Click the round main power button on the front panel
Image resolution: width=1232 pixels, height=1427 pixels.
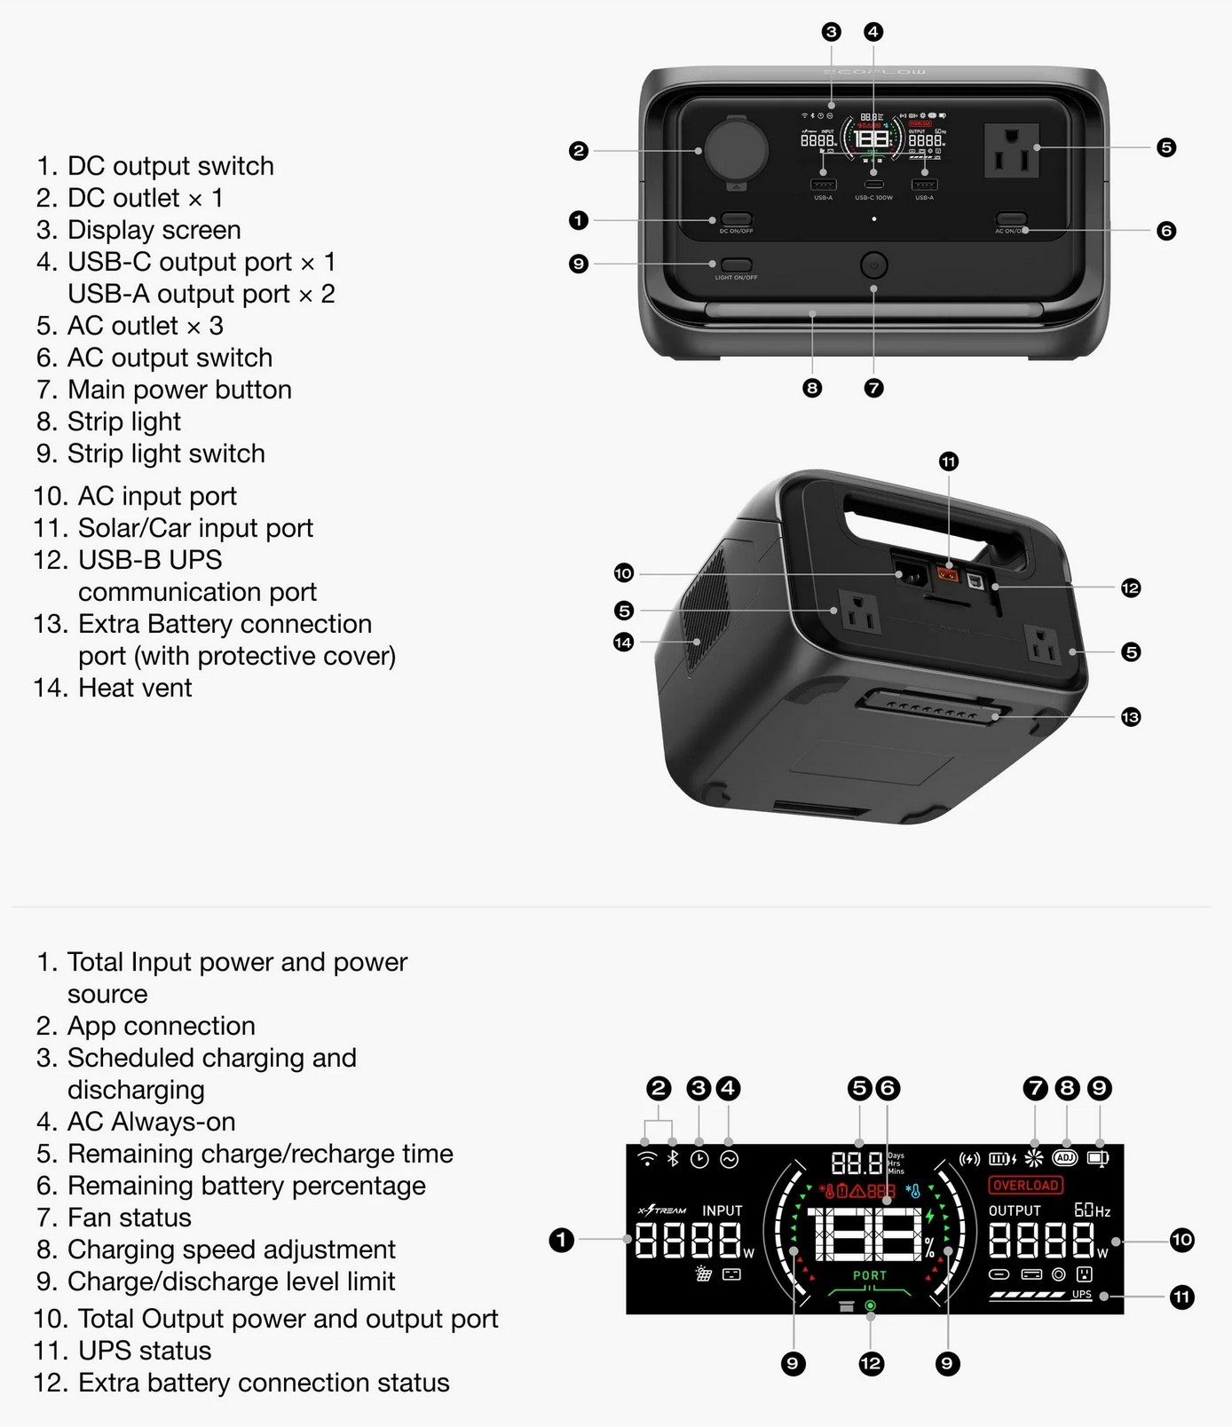873,264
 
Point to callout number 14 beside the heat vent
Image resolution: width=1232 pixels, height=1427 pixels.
623,642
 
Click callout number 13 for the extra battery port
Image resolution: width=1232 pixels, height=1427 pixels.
1130,716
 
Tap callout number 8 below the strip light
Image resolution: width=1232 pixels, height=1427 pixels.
811,388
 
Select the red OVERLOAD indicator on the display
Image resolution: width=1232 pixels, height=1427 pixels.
1025,1185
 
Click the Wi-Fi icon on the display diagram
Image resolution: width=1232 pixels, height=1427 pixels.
648,1159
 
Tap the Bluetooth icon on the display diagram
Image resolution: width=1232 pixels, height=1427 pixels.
673,1159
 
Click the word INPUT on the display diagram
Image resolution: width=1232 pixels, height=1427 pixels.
722,1210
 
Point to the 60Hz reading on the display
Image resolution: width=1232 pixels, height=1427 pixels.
1092,1210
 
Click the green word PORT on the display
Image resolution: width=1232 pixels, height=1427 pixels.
870,1275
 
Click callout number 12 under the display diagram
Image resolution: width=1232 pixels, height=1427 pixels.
871,1363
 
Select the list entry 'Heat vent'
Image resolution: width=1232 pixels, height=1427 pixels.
134,688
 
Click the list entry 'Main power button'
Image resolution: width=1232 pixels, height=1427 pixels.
178,390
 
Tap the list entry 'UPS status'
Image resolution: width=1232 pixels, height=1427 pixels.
144,1351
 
